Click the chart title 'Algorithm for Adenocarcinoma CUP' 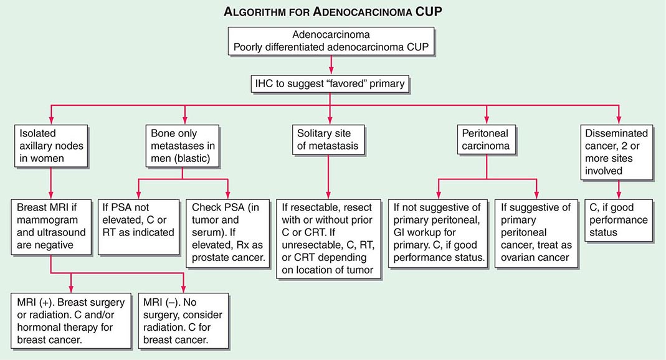coord(333,12)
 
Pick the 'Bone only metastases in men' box coord(184,145)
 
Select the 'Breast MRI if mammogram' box coord(50,225)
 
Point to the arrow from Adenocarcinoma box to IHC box coord(330,64)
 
